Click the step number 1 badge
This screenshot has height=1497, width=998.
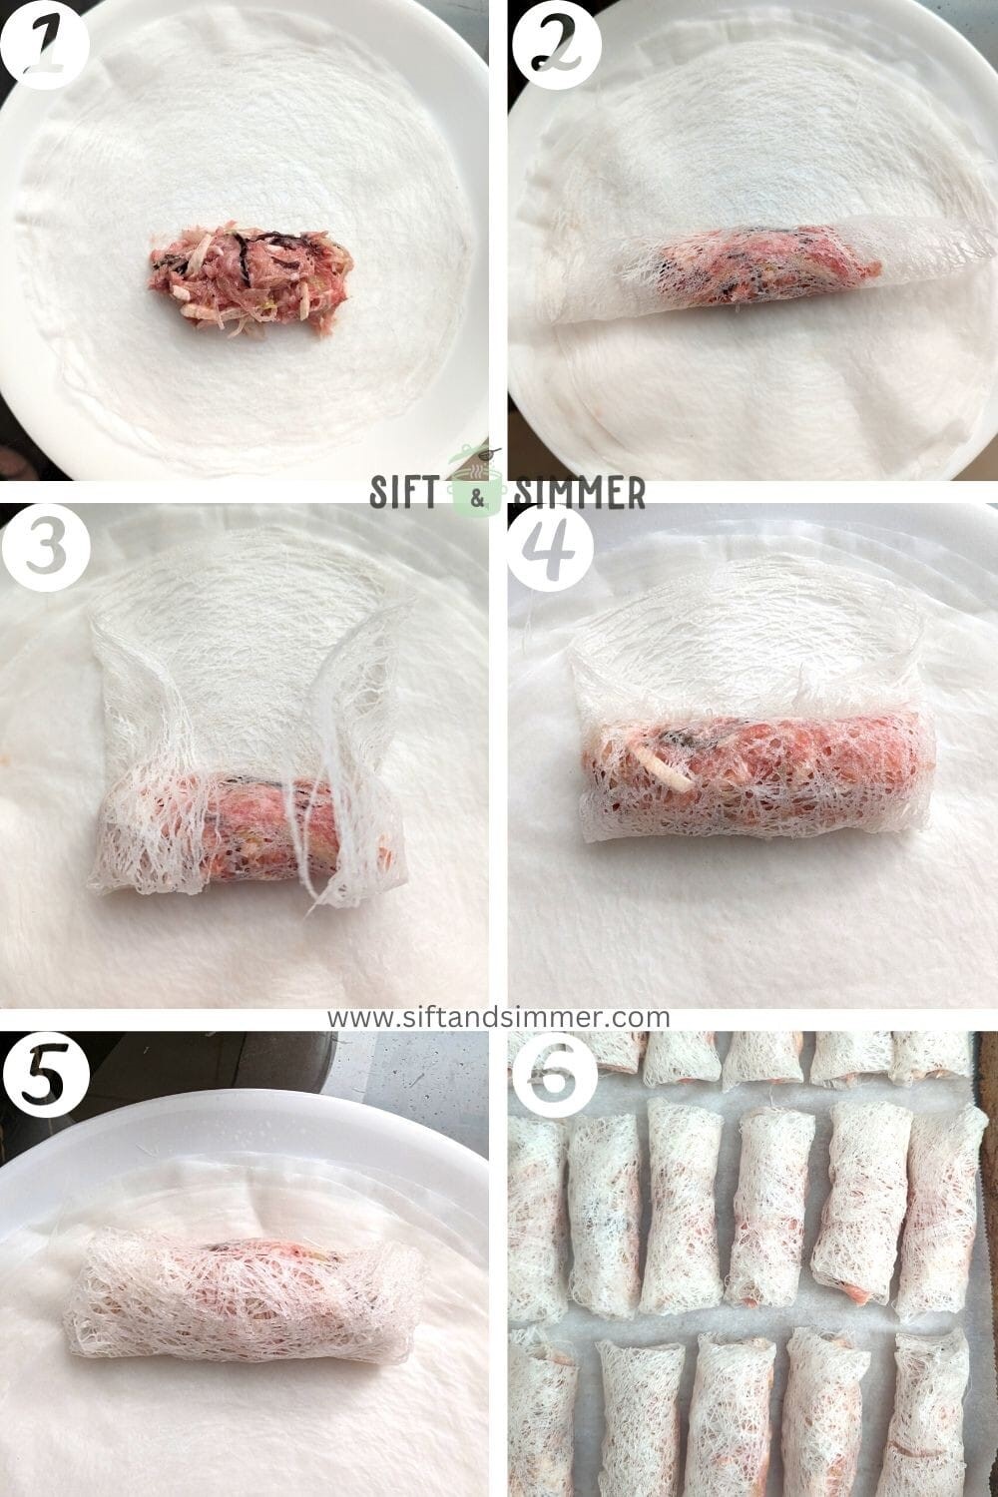(x=45, y=46)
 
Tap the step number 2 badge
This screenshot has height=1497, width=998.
(x=556, y=46)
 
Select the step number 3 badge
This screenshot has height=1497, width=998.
(x=45, y=548)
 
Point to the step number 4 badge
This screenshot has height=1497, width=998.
(x=551, y=548)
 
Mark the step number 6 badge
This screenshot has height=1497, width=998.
(x=552, y=1071)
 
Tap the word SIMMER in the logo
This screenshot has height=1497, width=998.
(x=579, y=493)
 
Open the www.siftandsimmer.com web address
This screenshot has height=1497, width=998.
(x=499, y=1017)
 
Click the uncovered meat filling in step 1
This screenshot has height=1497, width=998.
(x=246, y=276)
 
